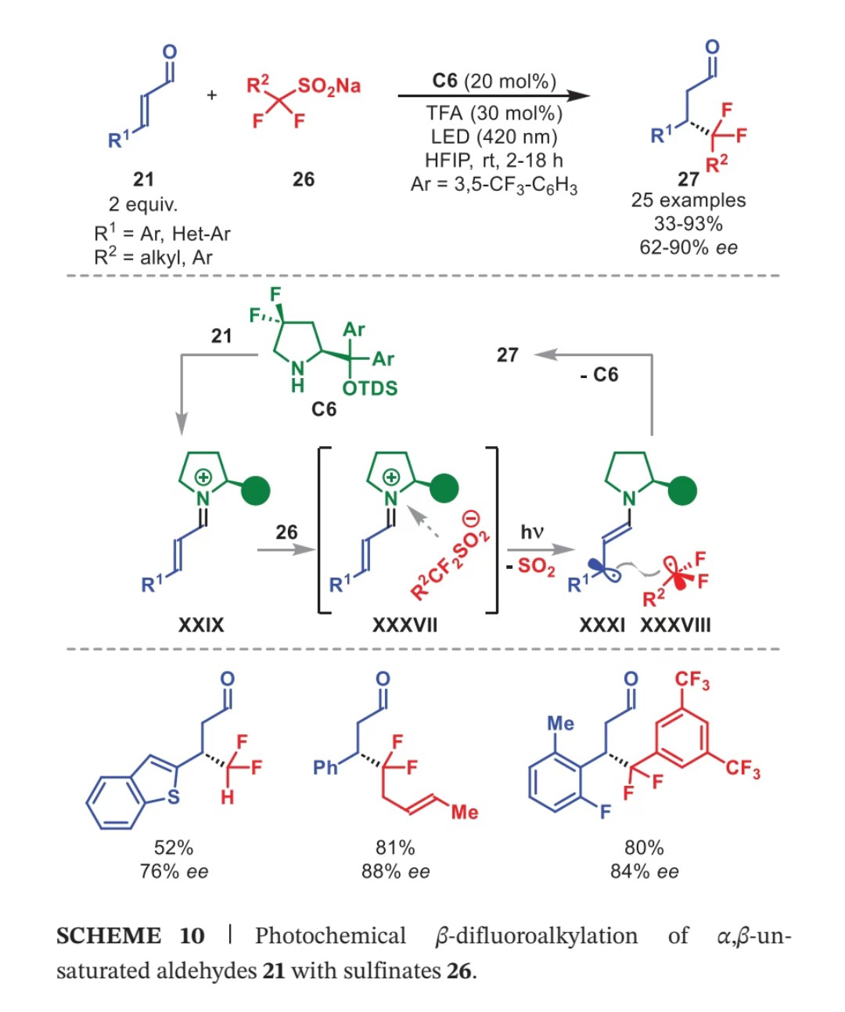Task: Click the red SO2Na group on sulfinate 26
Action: click(x=329, y=87)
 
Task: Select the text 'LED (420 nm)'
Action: click(x=494, y=137)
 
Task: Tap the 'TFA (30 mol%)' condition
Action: click(x=494, y=113)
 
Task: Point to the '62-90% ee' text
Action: click(x=688, y=247)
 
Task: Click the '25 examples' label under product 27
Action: click(x=688, y=200)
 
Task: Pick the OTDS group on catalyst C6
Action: click(x=369, y=388)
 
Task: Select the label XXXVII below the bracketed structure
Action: click(x=405, y=625)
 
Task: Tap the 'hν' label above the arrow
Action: click(x=531, y=531)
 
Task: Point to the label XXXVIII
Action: click(x=675, y=625)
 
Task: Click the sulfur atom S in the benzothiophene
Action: click(x=173, y=797)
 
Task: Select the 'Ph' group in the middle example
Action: click(x=325, y=767)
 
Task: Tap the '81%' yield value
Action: click(x=395, y=848)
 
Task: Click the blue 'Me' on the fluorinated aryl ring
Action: click(x=560, y=724)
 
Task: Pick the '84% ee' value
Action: click(x=644, y=872)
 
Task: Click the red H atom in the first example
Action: click(x=227, y=797)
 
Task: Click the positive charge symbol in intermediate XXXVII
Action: click(x=391, y=477)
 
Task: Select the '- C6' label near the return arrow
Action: click(x=599, y=375)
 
